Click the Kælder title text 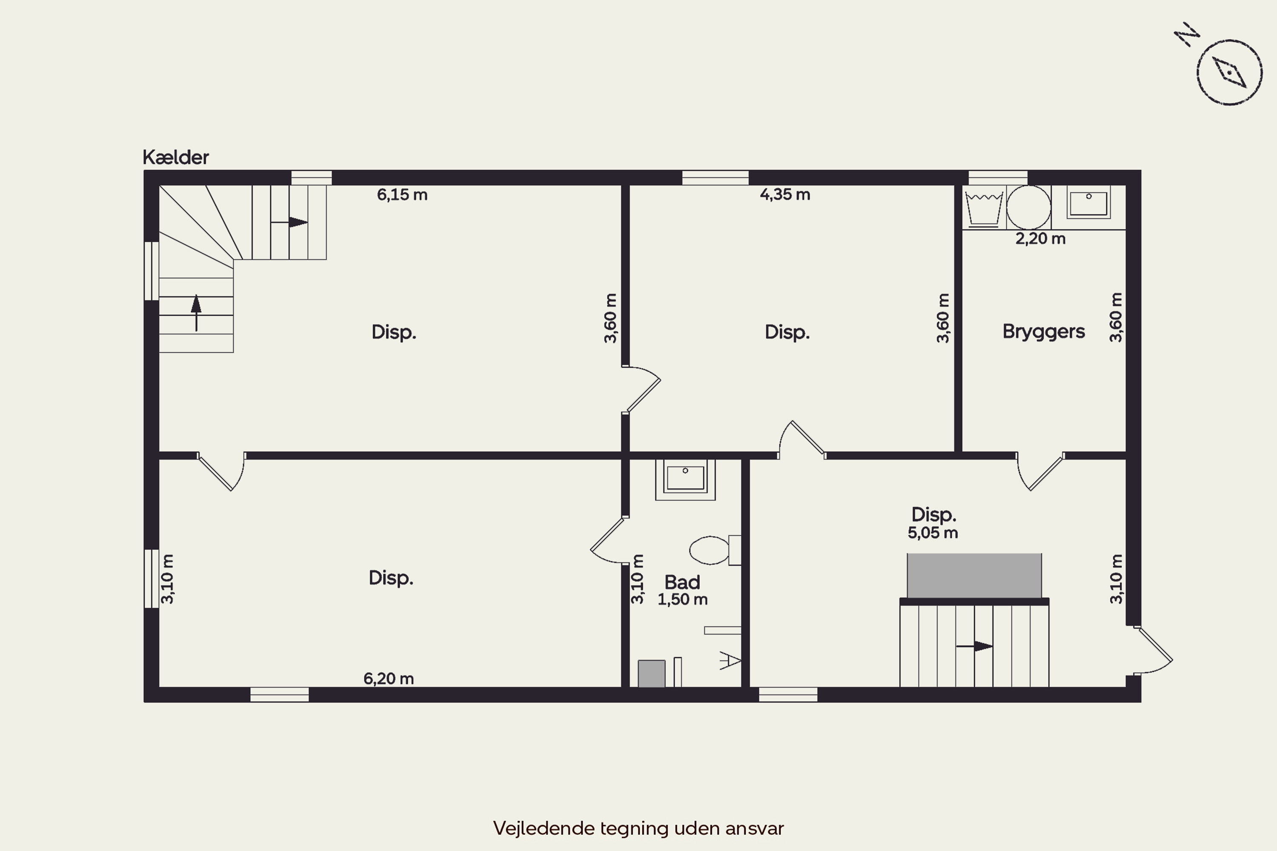click(x=175, y=157)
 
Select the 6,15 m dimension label click(x=402, y=194)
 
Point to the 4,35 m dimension click(x=785, y=194)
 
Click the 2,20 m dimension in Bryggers click(x=1040, y=238)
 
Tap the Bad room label click(x=682, y=583)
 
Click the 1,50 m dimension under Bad click(x=682, y=599)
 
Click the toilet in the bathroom click(x=715, y=550)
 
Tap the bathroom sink click(x=685, y=479)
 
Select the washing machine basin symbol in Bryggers click(x=984, y=208)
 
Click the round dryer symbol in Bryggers click(x=1028, y=207)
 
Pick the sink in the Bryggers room click(x=1088, y=203)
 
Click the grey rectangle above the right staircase click(x=974, y=575)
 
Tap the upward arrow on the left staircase click(x=196, y=313)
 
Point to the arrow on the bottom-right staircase click(x=975, y=646)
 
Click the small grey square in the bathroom click(x=652, y=674)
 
